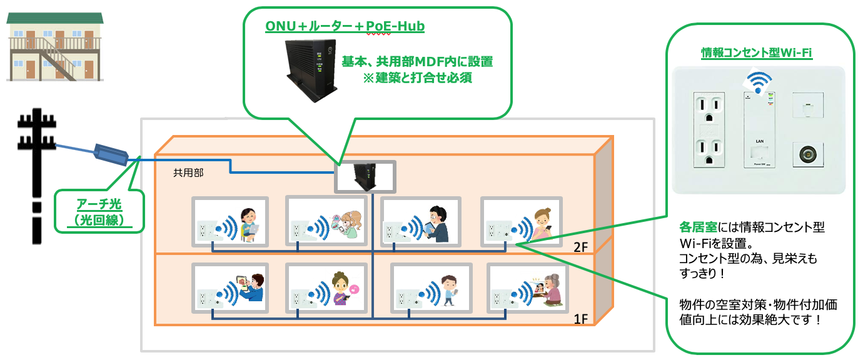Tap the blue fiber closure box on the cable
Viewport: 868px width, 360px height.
point(110,153)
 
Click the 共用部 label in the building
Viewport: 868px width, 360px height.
point(188,172)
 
